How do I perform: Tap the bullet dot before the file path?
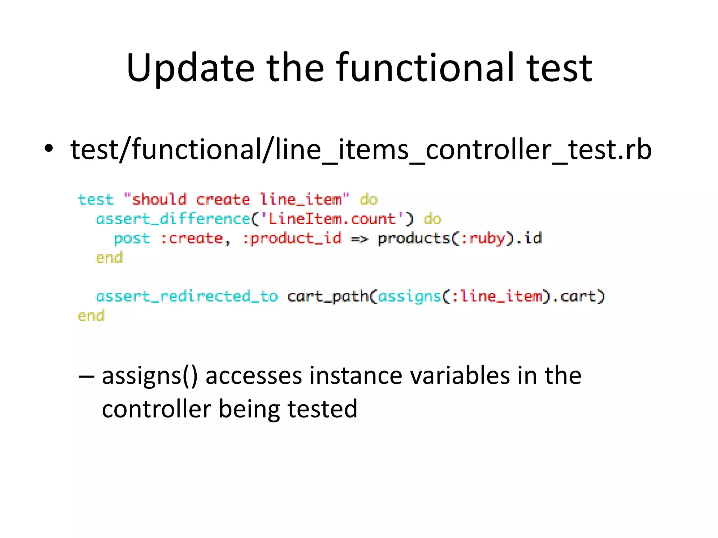click(49, 149)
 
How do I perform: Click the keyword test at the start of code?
click(96, 200)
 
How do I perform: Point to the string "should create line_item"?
click(237, 200)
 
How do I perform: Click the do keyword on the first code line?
click(368, 200)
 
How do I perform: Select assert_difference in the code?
click(173, 219)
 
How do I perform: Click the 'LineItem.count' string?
click(332, 219)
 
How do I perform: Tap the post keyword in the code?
click(132, 239)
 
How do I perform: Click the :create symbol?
click(192, 239)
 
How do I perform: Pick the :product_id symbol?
click(292, 239)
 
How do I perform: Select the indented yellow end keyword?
click(109, 258)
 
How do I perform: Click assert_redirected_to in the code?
click(187, 297)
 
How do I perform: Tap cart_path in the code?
click(328, 297)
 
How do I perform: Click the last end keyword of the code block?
click(91, 316)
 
